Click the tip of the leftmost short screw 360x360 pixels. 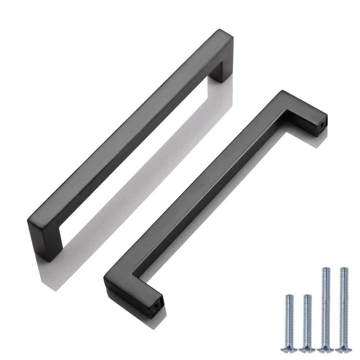click(x=289, y=296)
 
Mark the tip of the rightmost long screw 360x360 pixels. click(x=342, y=268)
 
